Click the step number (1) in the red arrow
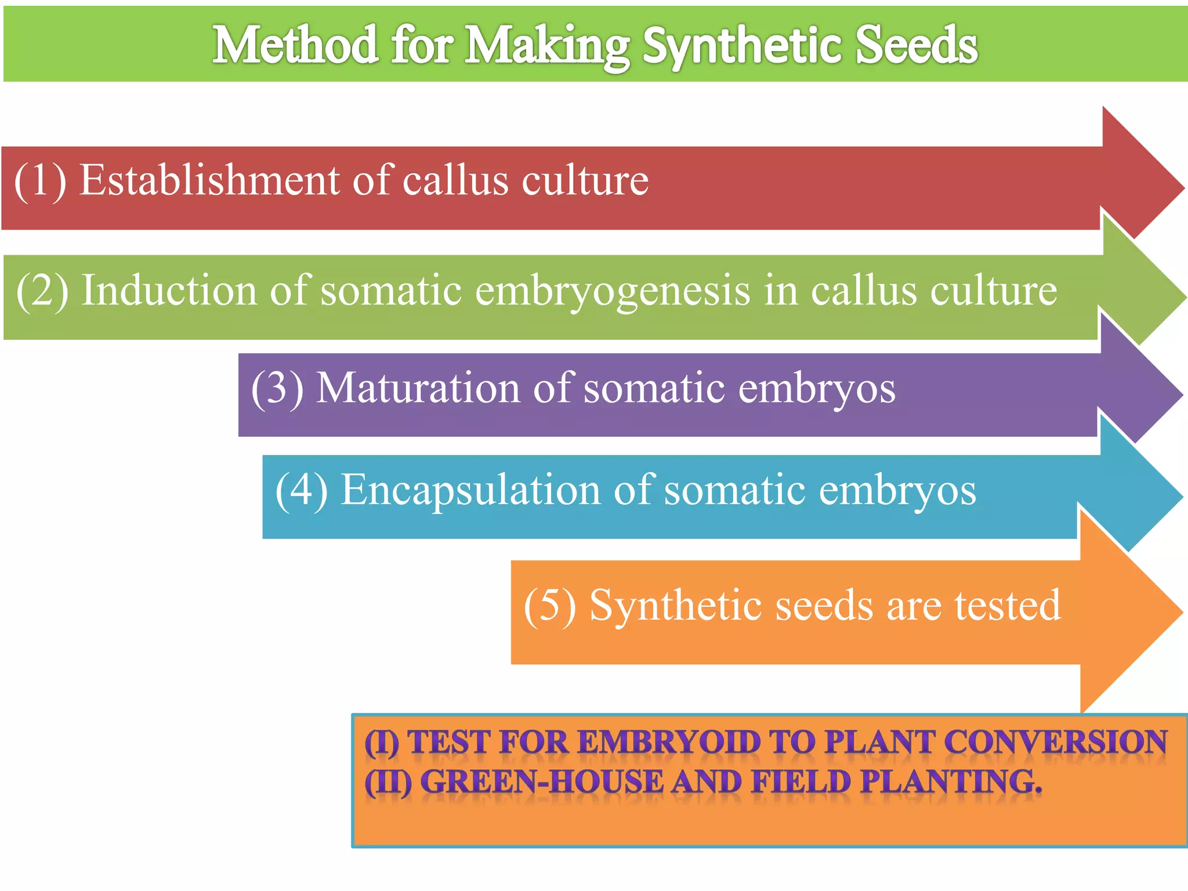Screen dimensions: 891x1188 [x=40, y=180]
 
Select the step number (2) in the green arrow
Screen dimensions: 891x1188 [x=42, y=290]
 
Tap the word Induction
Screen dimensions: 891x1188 [x=169, y=290]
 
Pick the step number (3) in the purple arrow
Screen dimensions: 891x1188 [x=277, y=388]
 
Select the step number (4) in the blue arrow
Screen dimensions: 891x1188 [x=301, y=491]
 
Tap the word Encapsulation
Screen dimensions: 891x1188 [x=470, y=491]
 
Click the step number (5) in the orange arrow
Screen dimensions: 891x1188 [x=550, y=606]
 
